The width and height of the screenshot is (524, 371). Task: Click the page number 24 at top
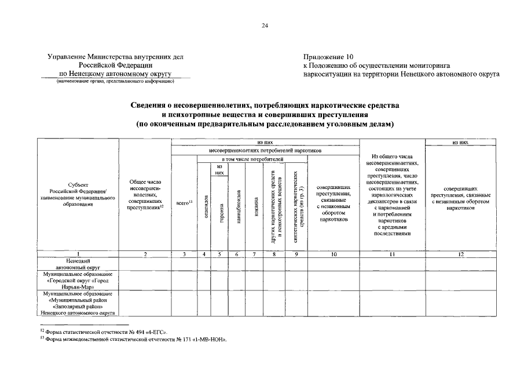point(264,26)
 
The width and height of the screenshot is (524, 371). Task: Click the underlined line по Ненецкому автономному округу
point(115,74)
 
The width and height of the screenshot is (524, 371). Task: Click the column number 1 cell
point(78,254)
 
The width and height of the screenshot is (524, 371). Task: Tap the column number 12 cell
point(461,254)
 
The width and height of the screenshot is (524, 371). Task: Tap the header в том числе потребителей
point(252,158)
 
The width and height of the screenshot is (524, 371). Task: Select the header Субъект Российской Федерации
point(78,191)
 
